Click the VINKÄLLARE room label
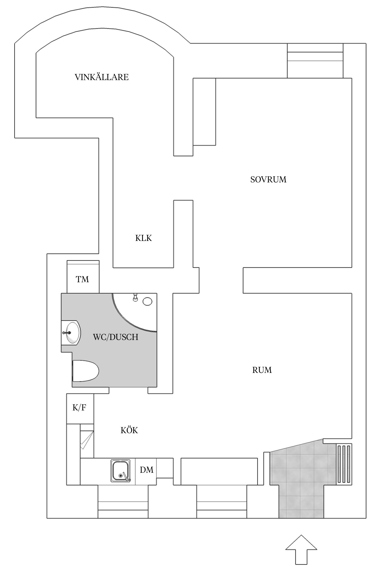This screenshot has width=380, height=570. pyautogui.click(x=102, y=77)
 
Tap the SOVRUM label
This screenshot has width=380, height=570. pyautogui.click(x=268, y=180)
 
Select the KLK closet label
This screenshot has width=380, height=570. pyautogui.click(x=143, y=238)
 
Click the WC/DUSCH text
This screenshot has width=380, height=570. pyautogui.click(x=116, y=337)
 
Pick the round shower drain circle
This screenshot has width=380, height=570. pyautogui.click(x=147, y=301)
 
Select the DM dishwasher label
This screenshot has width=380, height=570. pyautogui.click(x=147, y=470)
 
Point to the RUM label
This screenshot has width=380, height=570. pyautogui.click(x=262, y=370)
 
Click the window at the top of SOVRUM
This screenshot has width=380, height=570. pyautogui.click(x=315, y=61)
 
